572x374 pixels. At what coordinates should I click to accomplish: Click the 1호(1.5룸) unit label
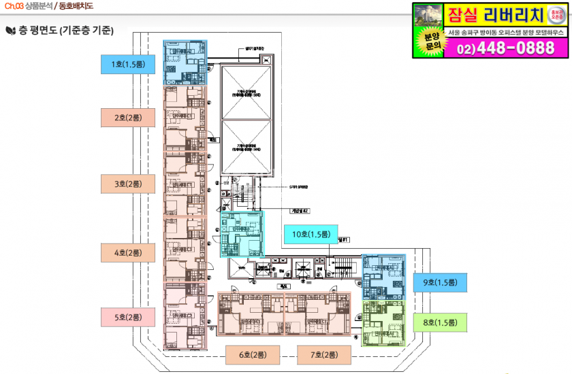[128, 65]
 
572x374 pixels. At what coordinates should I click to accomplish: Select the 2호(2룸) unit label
[128, 117]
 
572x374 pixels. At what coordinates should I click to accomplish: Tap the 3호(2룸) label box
[128, 184]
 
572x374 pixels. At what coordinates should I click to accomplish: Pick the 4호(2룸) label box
[128, 252]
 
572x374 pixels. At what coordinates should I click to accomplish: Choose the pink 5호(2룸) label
[128, 317]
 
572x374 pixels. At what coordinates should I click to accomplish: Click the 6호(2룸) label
[253, 354]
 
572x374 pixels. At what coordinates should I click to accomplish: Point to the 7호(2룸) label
[323, 354]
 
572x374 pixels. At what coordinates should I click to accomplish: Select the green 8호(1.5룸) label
[440, 322]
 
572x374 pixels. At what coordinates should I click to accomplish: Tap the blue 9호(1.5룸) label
[440, 282]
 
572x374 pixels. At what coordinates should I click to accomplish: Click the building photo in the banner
[428, 15]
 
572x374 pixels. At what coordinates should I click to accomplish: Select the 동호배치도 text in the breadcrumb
[75, 6]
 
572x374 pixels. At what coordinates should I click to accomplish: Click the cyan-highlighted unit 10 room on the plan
[242, 234]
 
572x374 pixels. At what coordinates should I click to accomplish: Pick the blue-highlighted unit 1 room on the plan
[185, 62]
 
